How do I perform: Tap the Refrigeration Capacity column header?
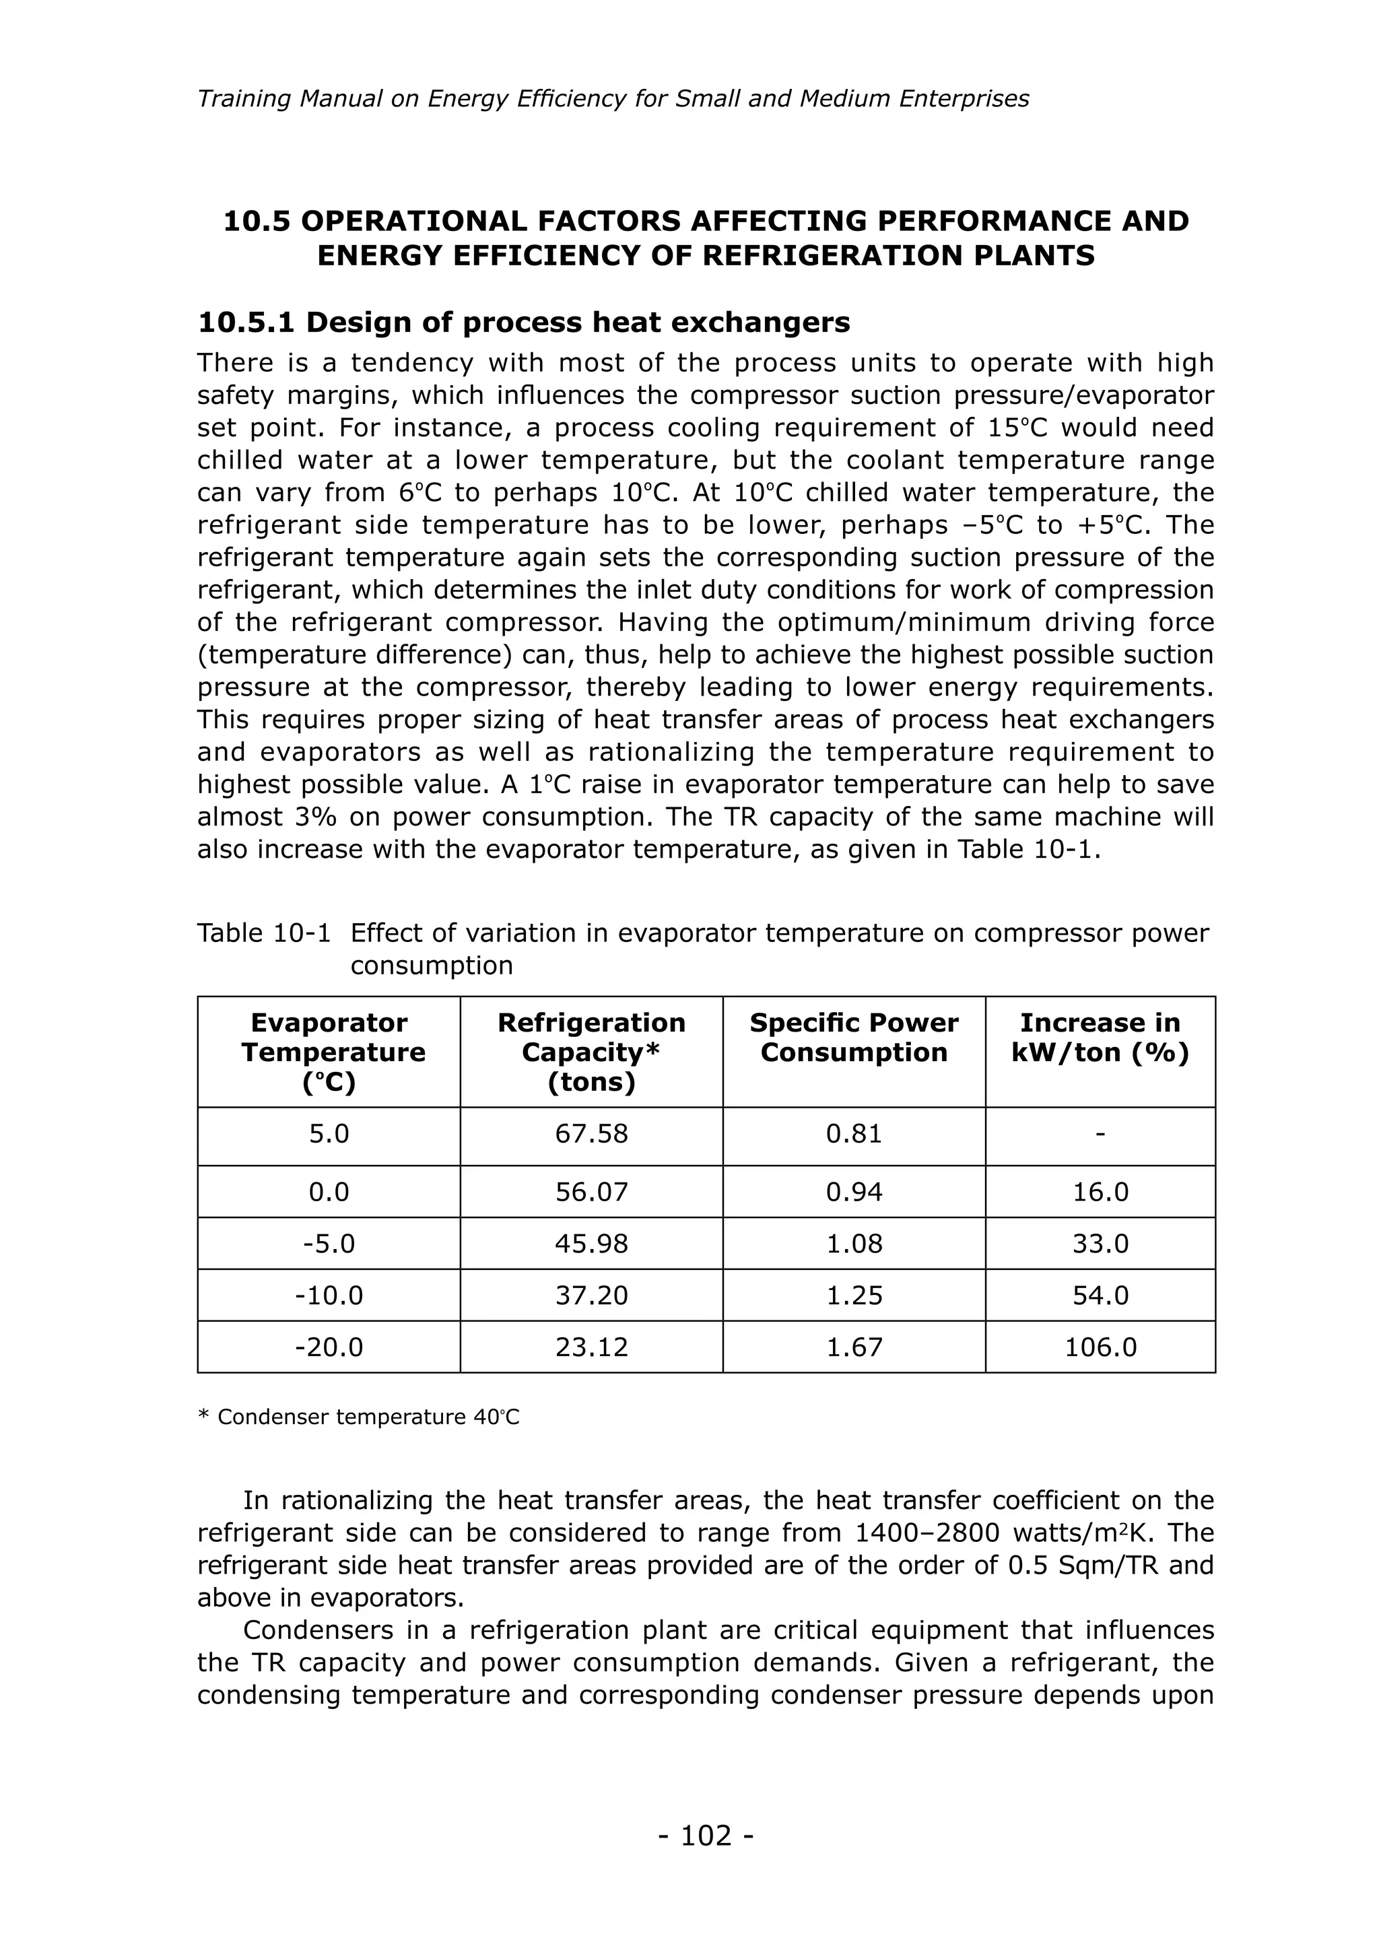591,1052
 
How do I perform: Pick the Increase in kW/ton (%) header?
1100,1037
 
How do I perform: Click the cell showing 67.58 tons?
591,1134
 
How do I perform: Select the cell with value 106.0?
1100,1347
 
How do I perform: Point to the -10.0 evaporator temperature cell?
329,1296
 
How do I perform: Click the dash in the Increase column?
1100,1134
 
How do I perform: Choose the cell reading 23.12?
591,1347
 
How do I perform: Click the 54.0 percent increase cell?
1100,1296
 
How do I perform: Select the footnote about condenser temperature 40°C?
358,1417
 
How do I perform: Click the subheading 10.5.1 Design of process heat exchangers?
523,323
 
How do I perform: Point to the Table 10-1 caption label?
263,933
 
